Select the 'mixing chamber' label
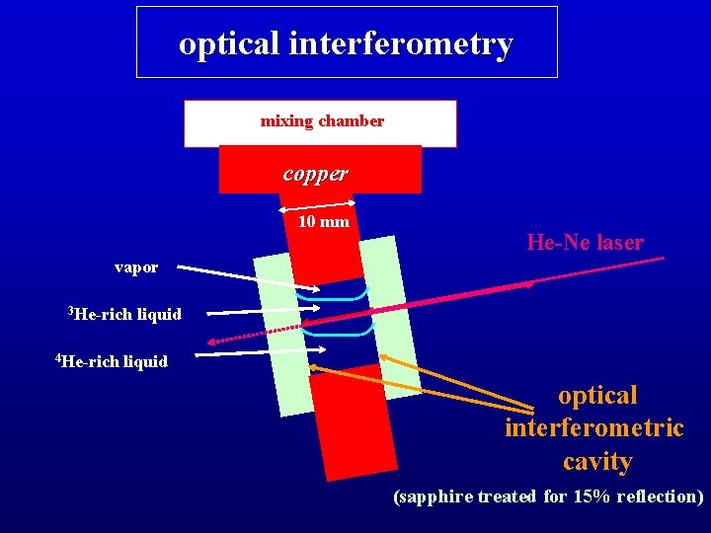[322, 121]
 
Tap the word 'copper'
[315, 173]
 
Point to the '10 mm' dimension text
[324, 221]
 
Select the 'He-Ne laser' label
[585, 242]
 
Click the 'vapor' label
[136, 266]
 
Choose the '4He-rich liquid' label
[112, 361]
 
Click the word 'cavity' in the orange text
[597, 461]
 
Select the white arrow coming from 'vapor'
[247, 277]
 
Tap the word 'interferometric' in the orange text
[593, 428]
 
